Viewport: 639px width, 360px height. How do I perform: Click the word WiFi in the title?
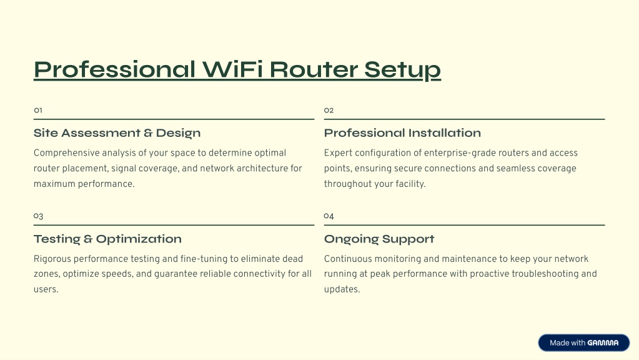tap(232, 69)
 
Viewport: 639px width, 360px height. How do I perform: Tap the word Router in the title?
tap(314, 69)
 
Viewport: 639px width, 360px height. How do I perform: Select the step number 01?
tap(38, 110)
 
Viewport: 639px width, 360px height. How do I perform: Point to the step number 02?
tap(329, 110)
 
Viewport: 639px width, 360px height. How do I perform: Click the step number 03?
tap(38, 216)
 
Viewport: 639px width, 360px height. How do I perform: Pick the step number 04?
tap(329, 216)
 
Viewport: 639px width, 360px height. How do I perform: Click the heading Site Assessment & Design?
tap(117, 133)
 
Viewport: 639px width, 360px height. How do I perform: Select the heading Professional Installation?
tap(402, 133)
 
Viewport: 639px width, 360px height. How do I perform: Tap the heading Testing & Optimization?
tap(107, 239)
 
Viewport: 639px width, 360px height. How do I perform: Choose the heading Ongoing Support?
tap(379, 239)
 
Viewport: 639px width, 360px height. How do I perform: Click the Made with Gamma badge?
tap(583, 343)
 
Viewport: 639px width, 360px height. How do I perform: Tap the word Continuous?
tap(348, 259)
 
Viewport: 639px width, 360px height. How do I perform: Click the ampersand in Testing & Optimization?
tap(88, 239)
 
